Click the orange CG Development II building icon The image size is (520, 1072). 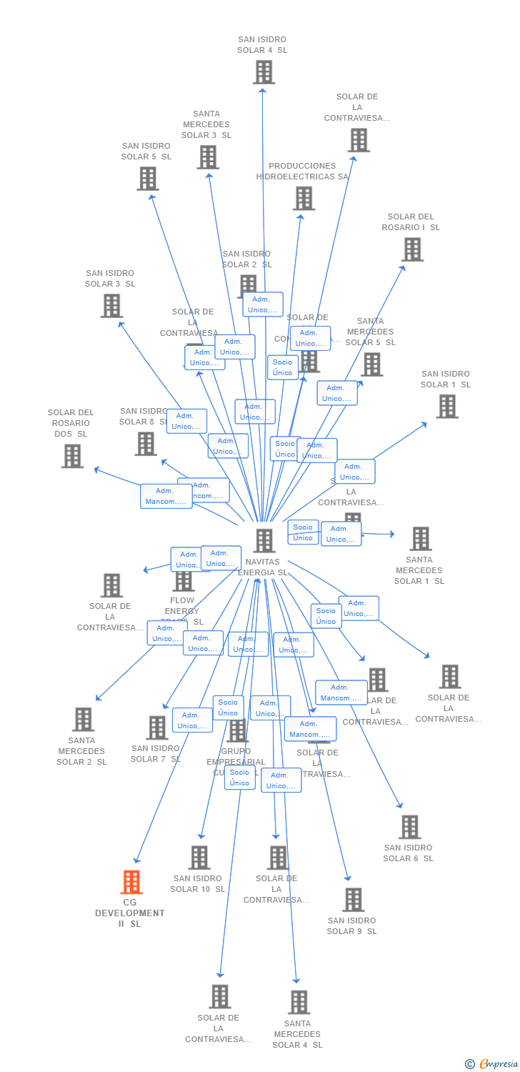[x=131, y=883]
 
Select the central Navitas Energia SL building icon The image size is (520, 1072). [x=264, y=541]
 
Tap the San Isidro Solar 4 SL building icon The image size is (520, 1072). [x=264, y=72]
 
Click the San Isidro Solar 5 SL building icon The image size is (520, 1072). [x=148, y=179]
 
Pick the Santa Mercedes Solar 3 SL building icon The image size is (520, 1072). [x=208, y=157]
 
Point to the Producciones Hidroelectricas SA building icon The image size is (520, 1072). [x=304, y=199]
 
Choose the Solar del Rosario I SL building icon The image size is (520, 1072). [x=412, y=249]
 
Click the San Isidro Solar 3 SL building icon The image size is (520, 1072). [x=111, y=306]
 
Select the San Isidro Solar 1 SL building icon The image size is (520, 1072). [x=447, y=407]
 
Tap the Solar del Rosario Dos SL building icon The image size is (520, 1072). [x=72, y=456]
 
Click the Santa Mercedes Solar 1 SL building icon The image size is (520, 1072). [x=421, y=539]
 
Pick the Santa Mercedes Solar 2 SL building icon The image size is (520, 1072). [x=84, y=720]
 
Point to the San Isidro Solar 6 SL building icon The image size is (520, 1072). [x=409, y=827]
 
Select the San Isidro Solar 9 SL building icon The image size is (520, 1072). [x=353, y=900]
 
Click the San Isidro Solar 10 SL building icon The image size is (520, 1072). [x=199, y=858]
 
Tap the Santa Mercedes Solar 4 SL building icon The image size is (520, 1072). [x=299, y=1002]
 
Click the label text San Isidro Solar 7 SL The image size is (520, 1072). [x=156, y=753]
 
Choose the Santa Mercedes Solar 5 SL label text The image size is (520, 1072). [x=370, y=332]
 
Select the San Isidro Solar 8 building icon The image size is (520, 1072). [x=146, y=444]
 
